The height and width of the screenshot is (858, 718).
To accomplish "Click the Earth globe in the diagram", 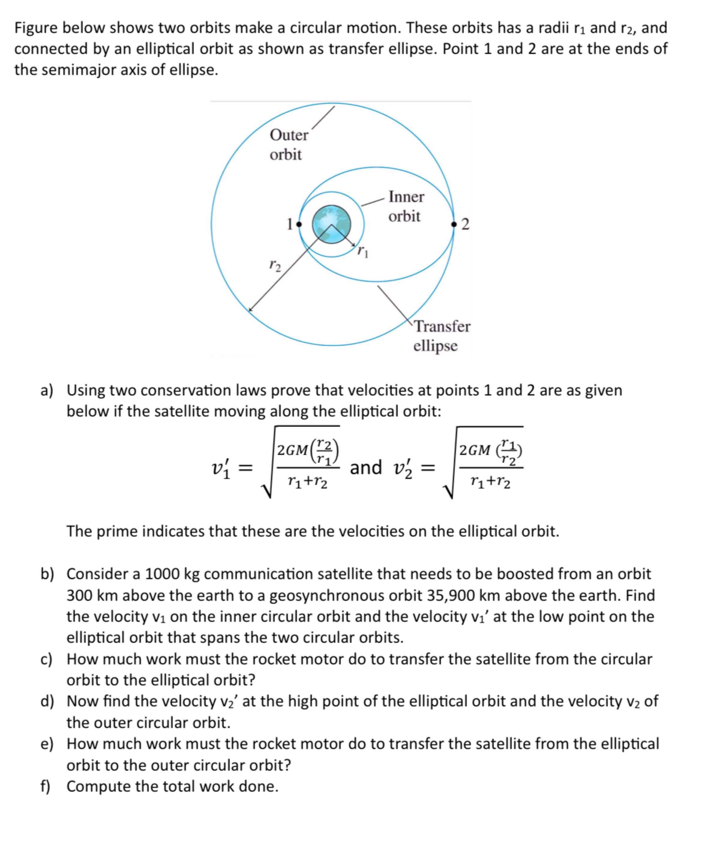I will [332, 224].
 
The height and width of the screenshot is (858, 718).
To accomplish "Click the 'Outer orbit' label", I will [288, 145].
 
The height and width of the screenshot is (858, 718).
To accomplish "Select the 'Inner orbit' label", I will [406, 206].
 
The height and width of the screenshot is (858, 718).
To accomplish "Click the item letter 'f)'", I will [45, 787].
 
